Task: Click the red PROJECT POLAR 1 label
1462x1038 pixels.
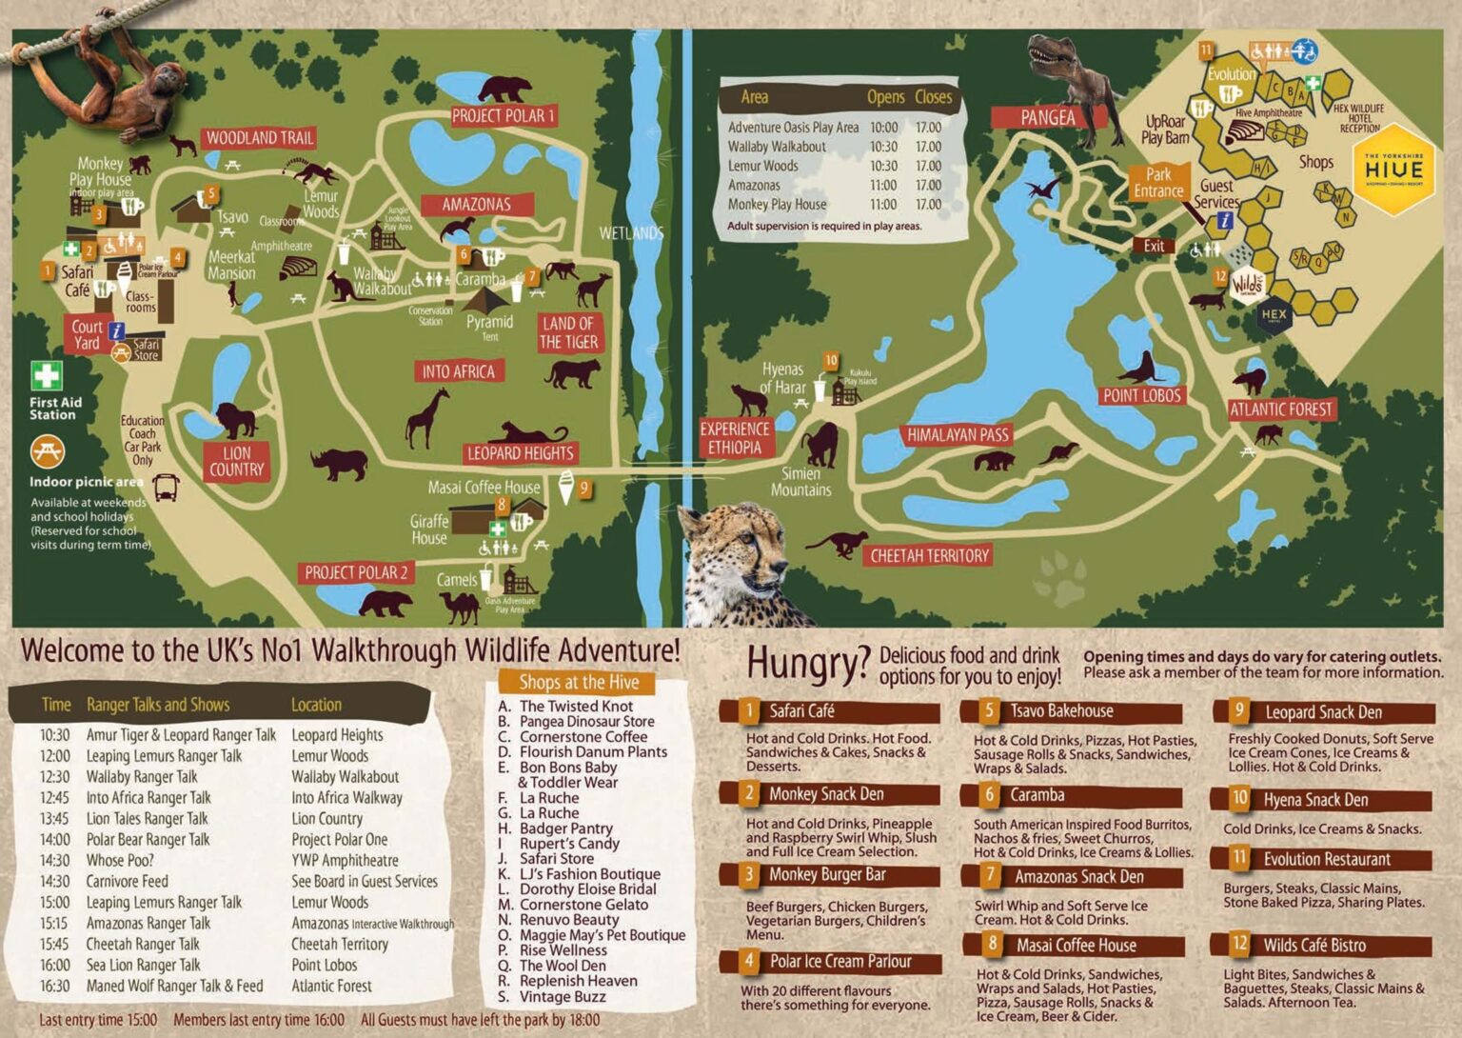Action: coord(503,116)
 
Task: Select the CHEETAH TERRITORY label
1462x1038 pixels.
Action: coord(929,555)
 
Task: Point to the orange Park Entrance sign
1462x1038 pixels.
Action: coord(1158,183)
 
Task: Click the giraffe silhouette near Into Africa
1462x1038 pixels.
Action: coord(427,418)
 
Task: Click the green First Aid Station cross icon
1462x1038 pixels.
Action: coord(46,375)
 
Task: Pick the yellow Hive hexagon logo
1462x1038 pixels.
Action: coord(1393,170)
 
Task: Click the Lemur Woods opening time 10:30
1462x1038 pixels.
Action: coord(882,166)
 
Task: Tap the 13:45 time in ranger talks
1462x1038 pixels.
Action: coord(54,818)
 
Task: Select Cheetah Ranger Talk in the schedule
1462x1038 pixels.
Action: coord(143,944)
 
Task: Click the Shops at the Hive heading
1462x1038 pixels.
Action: coord(579,682)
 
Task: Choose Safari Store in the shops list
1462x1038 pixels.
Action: coord(556,858)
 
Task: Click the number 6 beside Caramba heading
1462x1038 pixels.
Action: coord(989,794)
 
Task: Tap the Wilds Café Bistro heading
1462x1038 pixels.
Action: coord(1314,945)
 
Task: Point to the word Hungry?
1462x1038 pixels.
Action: coord(807,663)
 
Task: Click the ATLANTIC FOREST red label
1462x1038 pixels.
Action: coord(1280,409)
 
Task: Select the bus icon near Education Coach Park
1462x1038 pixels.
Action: coord(166,488)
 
